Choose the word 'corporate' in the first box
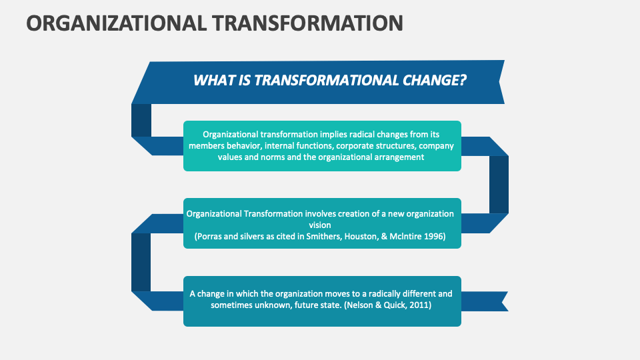(357, 145)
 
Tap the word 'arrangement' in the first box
(395, 157)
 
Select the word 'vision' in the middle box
(322, 225)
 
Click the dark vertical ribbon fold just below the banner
(141, 120)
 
